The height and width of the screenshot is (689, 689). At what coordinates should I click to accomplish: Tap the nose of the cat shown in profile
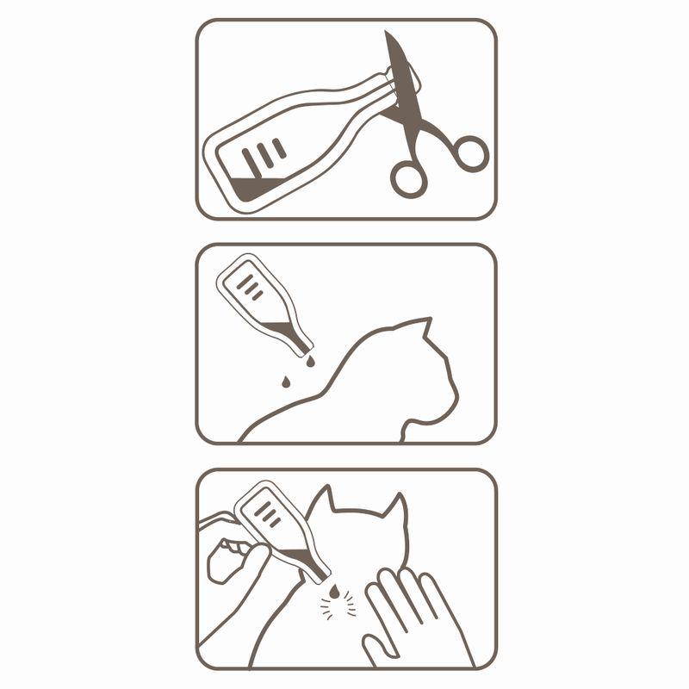coord(456,400)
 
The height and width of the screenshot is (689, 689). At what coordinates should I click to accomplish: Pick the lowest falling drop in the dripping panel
coord(284,380)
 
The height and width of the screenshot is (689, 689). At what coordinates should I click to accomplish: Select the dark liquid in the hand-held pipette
coord(301,560)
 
